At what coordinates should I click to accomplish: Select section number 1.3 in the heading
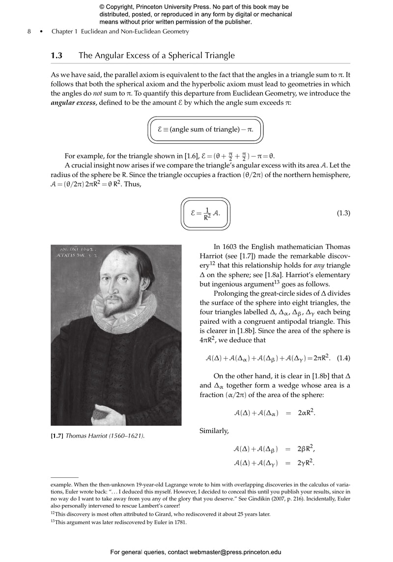click(56, 56)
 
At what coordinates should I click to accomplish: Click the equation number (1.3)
click(343, 213)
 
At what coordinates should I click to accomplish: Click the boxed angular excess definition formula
click(206, 129)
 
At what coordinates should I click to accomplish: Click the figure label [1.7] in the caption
click(57, 436)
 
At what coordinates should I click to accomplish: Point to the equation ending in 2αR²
click(274, 413)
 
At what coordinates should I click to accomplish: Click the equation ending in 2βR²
click(274, 449)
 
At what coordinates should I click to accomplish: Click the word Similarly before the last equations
click(214, 431)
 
